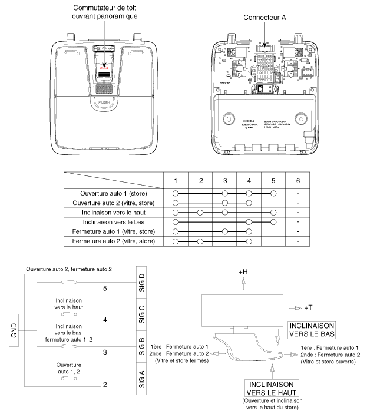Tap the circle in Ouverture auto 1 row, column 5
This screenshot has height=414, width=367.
[x=273, y=193]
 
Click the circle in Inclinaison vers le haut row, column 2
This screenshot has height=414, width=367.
[x=200, y=212]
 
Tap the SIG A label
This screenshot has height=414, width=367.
[x=140, y=377]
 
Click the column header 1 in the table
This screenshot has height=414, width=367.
[x=175, y=179]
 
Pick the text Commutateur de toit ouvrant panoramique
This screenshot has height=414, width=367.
[x=105, y=12]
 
